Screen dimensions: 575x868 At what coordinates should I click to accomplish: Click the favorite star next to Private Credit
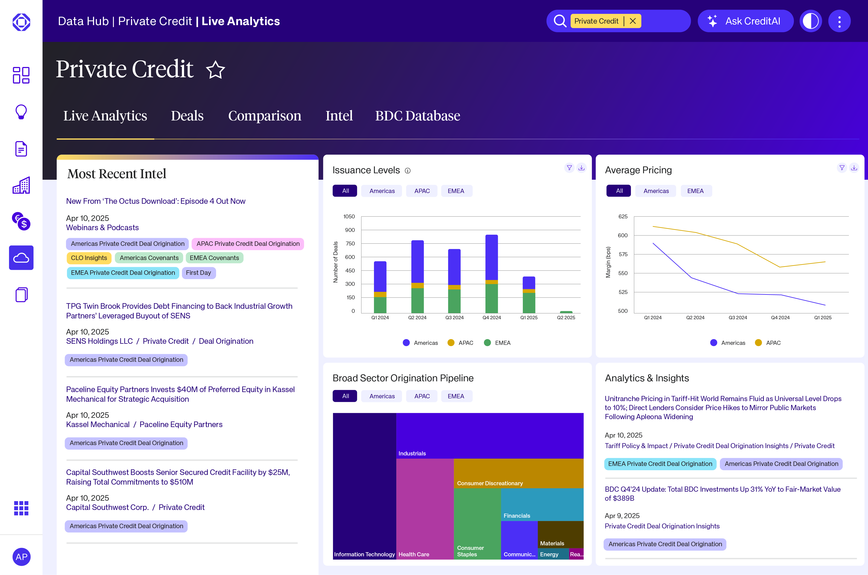pyautogui.click(x=215, y=70)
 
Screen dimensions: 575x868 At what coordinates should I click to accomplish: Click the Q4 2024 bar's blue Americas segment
pyautogui.click(x=491, y=257)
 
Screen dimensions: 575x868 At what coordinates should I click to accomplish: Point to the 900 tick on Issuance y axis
pyautogui.click(x=350, y=230)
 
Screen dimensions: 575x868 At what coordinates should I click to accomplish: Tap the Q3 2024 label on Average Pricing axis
pyautogui.click(x=737, y=318)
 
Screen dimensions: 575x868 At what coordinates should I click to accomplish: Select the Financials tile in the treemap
pyautogui.click(x=542, y=504)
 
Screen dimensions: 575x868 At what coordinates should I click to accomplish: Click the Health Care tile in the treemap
pyautogui.click(x=424, y=510)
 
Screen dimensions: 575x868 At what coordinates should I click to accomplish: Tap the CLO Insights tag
pyautogui.click(x=89, y=258)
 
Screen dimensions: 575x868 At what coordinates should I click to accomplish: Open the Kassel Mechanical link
pyautogui.click(x=98, y=424)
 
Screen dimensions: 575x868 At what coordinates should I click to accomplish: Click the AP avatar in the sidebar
pyautogui.click(x=21, y=557)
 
